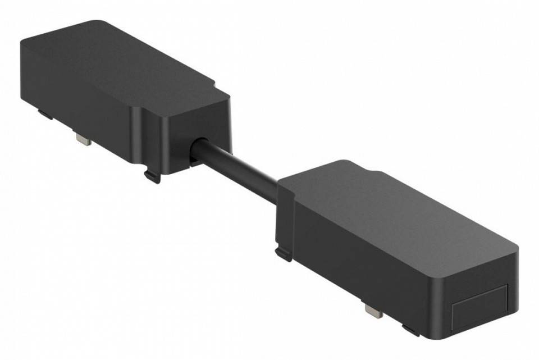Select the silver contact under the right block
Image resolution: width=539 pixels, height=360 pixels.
coord(373,310)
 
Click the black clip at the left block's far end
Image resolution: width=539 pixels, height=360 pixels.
coord(45,115)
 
